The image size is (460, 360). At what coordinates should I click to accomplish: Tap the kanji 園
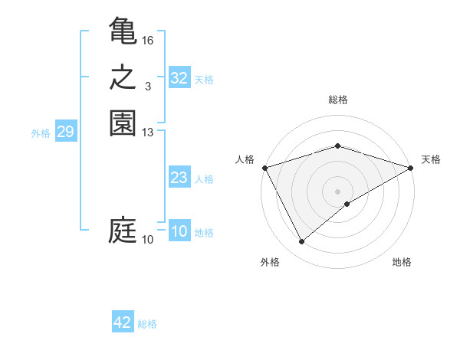pos(123,123)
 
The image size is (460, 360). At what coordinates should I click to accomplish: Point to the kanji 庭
pos(123,230)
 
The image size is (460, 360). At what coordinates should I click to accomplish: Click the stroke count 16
pos(148,40)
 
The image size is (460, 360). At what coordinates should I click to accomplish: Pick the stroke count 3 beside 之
pos(148,87)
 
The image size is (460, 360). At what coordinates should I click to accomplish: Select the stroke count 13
pos(148,133)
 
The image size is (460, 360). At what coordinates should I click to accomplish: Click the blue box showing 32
pos(179,78)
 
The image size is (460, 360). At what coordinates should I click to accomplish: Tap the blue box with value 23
pos(179,178)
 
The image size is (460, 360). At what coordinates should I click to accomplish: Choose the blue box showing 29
pos(65,133)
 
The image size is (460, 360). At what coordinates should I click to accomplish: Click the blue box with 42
pos(123,322)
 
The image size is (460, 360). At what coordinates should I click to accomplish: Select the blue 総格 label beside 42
pos(147,324)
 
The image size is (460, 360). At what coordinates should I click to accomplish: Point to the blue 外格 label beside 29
pos(41,133)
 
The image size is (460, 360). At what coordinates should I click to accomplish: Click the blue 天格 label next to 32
pos(204,80)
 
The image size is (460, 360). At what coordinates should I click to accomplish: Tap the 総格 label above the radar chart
pos(337,100)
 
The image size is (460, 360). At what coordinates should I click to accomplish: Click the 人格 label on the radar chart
pos(245,159)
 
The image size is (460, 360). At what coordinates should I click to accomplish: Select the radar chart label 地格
pos(402,262)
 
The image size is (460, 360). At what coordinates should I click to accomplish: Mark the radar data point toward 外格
pos(301,242)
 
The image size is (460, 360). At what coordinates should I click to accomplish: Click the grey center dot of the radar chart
pos(337,191)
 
